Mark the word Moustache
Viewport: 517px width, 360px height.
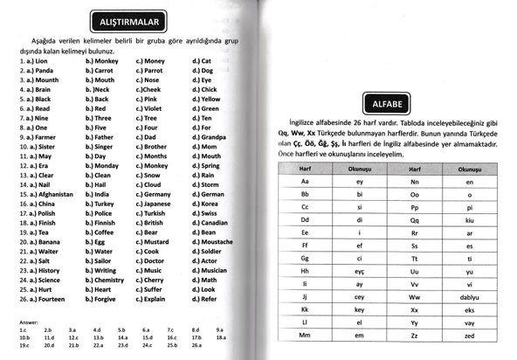click(x=217, y=241)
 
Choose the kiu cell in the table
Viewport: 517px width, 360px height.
click(x=470, y=221)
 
